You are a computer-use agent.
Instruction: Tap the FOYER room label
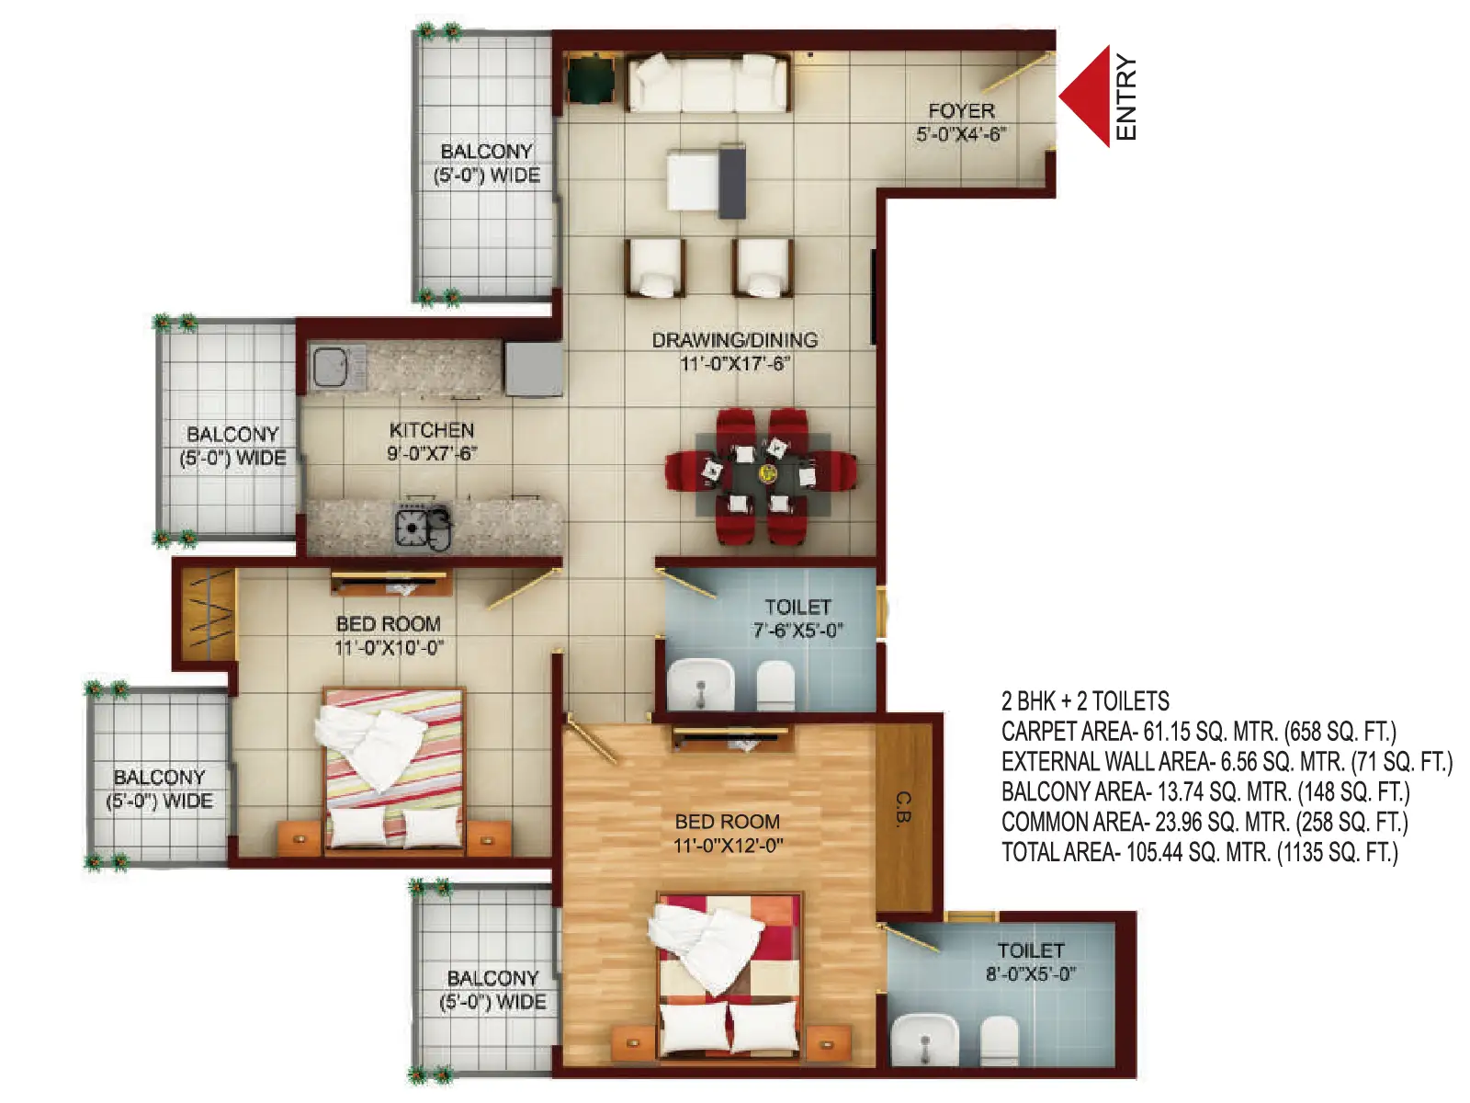pyautogui.click(x=961, y=110)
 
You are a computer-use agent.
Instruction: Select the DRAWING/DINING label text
pyautogui.click(x=735, y=340)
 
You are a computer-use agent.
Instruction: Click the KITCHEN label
pyautogui.click(x=432, y=430)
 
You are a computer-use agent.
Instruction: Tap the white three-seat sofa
pyautogui.click(x=707, y=83)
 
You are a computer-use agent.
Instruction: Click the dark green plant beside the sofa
pyautogui.click(x=591, y=78)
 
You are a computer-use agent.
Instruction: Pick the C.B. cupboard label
pyautogui.click(x=903, y=809)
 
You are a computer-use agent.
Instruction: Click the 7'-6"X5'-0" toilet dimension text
pyautogui.click(x=797, y=631)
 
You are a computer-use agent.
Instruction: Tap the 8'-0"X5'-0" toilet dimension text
pyautogui.click(x=1031, y=973)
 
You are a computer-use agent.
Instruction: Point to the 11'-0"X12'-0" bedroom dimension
pyautogui.click(x=728, y=846)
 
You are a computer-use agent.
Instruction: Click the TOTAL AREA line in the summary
pyautogui.click(x=1200, y=853)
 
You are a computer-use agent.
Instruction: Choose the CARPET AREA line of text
pyautogui.click(x=1199, y=732)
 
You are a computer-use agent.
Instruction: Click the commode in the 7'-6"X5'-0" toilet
pyautogui.click(x=775, y=685)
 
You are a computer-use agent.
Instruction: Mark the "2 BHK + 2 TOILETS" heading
pyautogui.click(x=1085, y=701)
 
